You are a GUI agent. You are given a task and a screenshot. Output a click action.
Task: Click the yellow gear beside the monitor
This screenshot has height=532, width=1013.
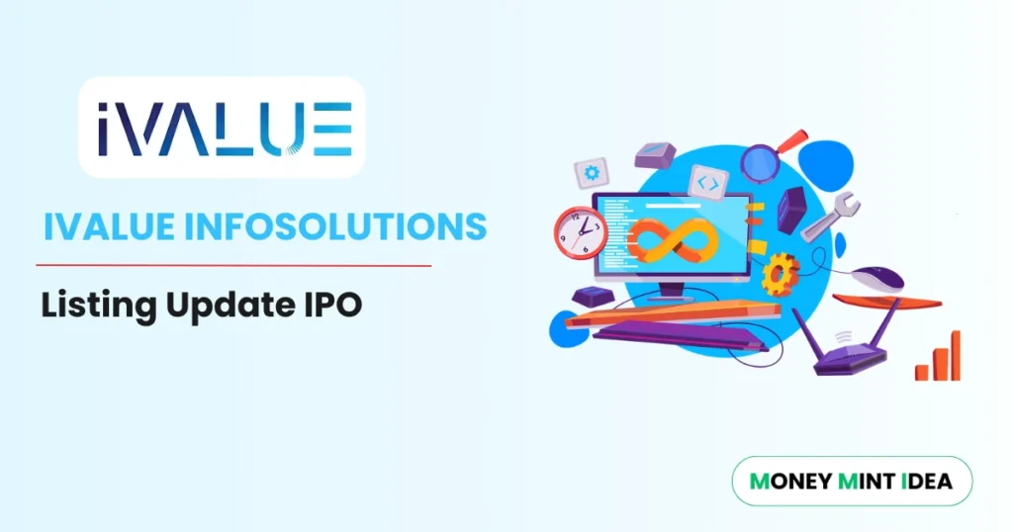point(782,270)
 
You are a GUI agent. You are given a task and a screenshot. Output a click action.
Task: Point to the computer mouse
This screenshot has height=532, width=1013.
point(876,279)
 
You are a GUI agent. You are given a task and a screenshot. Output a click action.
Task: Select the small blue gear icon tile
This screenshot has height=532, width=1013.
point(592,172)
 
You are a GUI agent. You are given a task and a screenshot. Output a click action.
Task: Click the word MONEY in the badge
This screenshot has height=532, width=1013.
point(791,482)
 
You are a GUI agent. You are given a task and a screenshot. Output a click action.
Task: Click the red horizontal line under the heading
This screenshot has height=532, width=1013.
point(233,265)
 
